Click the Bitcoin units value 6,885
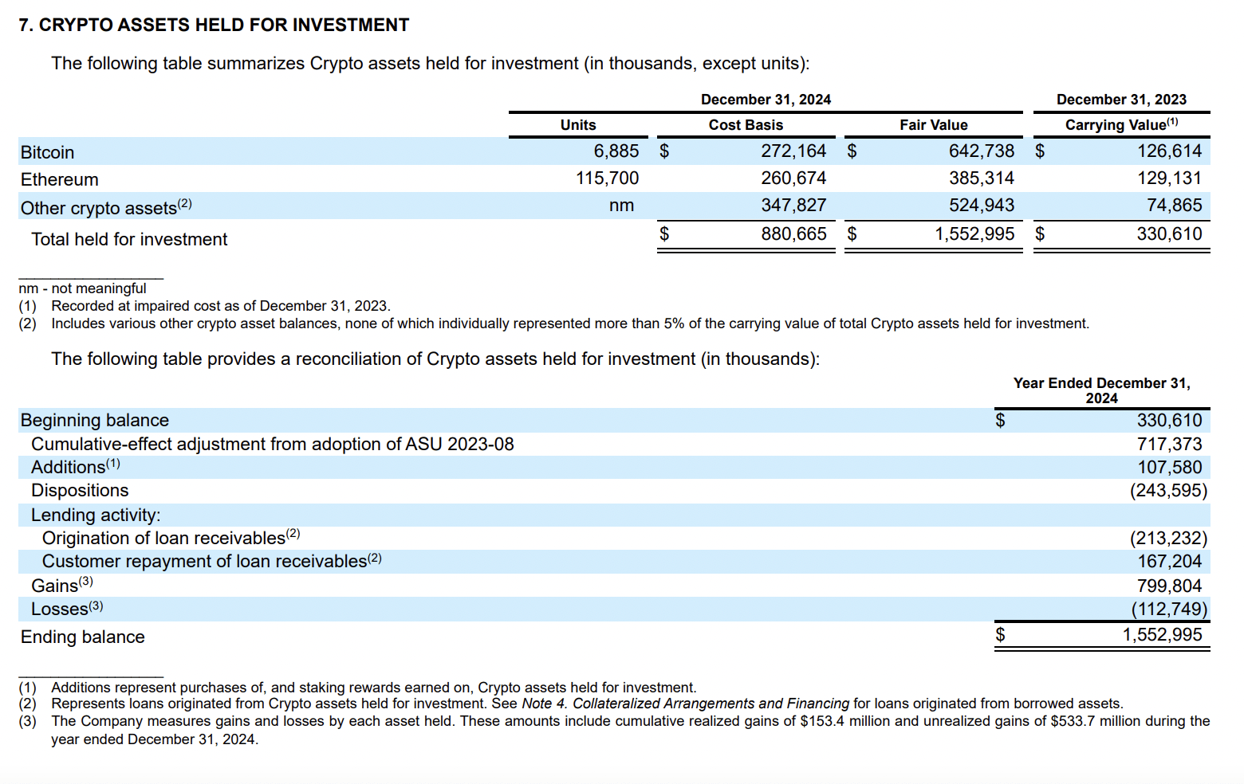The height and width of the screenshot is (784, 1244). pos(616,151)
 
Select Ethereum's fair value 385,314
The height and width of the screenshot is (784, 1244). pos(981,178)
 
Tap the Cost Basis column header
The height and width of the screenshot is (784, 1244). pos(746,125)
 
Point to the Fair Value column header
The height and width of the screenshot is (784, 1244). pos(933,125)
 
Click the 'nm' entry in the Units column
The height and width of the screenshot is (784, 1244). pos(621,206)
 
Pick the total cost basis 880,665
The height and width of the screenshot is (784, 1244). pos(793,234)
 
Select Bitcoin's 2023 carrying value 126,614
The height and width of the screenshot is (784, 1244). pos(1169,151)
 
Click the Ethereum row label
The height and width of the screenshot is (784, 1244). pos(60,180)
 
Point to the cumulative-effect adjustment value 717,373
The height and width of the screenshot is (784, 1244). pos(1169,445)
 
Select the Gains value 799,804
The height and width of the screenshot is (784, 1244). pos(1169,586)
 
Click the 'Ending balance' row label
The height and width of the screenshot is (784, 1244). pos(83,637)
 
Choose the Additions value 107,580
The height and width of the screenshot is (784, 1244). pos(1169,468)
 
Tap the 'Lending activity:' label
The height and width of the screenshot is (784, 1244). pos(96,515)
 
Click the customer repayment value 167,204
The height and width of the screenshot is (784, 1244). pos(1169,562)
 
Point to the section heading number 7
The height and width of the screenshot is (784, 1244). pos(26,25)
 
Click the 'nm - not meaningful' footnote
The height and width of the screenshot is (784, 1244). pos(83,288)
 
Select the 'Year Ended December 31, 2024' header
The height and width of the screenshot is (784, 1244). pos(1101,390)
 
